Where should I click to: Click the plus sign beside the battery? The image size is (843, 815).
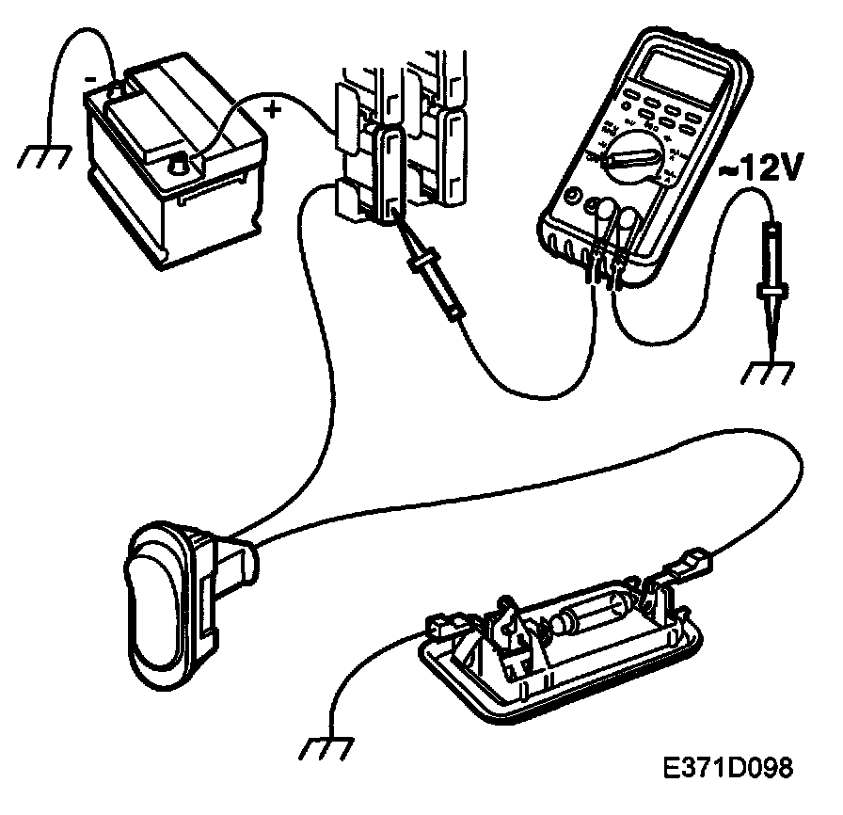[x=273, y=109]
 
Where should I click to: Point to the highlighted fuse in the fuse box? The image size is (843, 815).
[x=386, y=174]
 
